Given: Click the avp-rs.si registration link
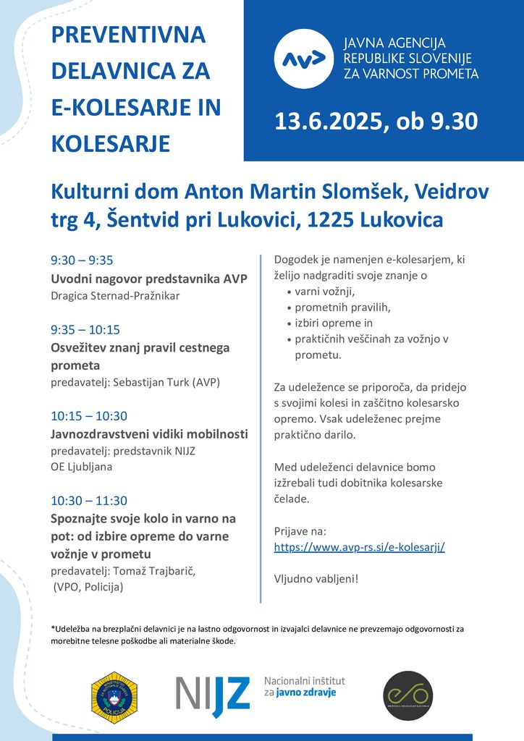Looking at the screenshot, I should [359, 547].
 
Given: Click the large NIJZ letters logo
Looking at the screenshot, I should [213, 695].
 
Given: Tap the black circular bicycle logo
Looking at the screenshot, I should [407, 696].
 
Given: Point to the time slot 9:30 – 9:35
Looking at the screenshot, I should [82, 261].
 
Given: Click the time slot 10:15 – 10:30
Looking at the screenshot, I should [89, 416].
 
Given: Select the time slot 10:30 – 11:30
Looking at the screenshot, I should [89, 501].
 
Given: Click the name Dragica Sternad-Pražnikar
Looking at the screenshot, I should [115, 296].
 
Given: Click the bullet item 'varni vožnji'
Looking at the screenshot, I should [325, 292].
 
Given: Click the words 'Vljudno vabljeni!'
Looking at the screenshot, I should [316, 579].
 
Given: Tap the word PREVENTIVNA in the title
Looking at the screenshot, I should [128, 35].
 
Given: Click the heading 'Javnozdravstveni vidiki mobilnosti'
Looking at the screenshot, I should [149, 434].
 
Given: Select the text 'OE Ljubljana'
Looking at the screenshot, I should [81, 467].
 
